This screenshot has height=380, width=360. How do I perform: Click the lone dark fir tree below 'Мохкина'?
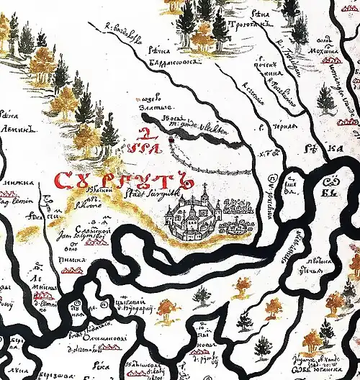click(326, 99)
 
